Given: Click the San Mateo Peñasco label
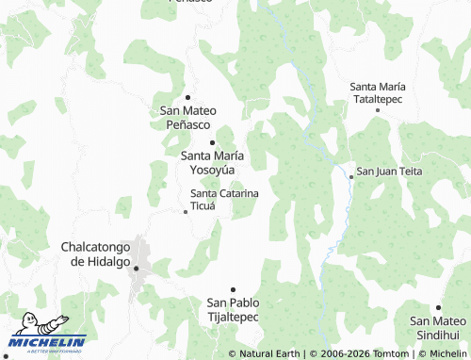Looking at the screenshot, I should tap(188, 117).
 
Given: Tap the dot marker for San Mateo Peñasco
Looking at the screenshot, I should tap(188, 97).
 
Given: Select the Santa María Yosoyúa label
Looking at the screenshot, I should tap(213, 162).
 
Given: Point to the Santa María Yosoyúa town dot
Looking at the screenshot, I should tap(212, 142).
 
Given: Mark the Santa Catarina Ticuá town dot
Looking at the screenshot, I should tap(186, 211).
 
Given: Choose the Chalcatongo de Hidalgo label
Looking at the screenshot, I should tap(101, 254).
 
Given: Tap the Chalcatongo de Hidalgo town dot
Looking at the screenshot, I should tap(137, 269).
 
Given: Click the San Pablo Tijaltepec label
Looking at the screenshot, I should tap(233, 309).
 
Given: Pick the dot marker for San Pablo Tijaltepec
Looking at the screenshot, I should tap(233, 289).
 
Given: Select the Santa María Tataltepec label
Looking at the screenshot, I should tap(378, 91).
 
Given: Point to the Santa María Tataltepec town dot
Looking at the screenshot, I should tap(378, 110).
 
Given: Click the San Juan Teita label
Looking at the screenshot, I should tap(389, 172).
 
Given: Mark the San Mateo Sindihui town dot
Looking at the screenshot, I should tap(438, 307).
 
